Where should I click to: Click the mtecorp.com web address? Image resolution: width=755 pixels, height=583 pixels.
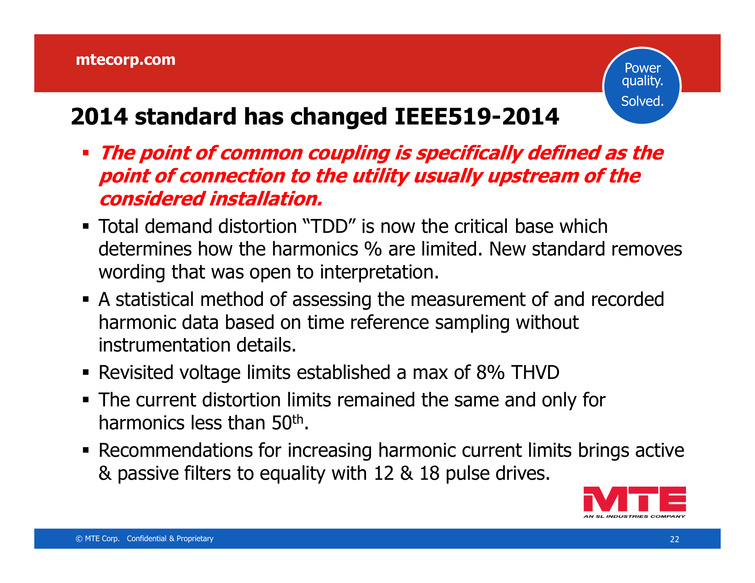[x=126, y=60]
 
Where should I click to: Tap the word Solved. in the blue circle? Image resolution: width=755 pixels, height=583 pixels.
[x=642, y=101]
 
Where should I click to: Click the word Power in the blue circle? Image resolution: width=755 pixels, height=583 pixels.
[x=643, y=68]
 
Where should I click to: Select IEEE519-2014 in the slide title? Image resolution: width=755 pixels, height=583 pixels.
[x=477, y=116]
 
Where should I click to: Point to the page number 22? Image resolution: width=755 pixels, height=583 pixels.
[x=674, y=539]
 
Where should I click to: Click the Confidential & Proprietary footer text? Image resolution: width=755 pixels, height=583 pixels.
[x=170, y=538]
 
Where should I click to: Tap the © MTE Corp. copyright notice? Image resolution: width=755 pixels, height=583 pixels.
[x=97, y=538]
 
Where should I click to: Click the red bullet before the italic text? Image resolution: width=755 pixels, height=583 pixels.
[x=86, y=152]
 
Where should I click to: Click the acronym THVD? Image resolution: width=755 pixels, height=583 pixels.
[x=535, y=372]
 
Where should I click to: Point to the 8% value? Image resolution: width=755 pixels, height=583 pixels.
[x=490, y=372]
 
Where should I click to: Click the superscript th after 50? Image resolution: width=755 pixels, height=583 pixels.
[x=298, y=419]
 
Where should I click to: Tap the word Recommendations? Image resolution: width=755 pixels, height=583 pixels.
[x=176, y=450]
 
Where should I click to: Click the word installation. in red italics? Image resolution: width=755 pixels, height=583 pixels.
[x=266, y=199]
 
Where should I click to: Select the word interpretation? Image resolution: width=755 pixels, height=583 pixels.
[x=379, y=273]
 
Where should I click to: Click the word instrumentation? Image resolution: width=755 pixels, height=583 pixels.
[x=164, y=345]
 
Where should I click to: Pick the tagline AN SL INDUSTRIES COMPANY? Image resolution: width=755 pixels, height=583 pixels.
[x=634, y=516]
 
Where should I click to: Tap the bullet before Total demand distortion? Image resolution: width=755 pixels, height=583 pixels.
[x=86, y=227]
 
